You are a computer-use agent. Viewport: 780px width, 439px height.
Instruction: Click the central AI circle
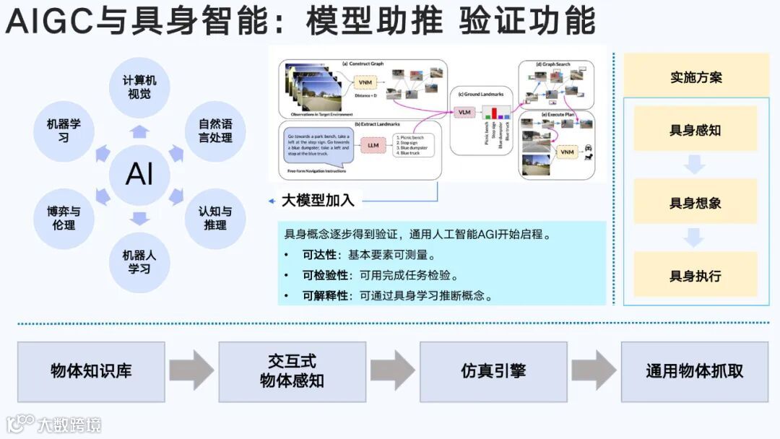click(139, 174)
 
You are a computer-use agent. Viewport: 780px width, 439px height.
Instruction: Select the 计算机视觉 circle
click(139, 87)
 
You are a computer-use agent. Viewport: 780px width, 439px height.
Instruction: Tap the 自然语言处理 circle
click(214, 131)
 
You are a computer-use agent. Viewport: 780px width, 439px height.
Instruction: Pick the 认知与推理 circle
click(214, 218)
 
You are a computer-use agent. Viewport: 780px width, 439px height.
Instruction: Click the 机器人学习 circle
click(139, 261)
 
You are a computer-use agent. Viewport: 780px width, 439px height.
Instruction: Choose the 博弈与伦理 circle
click(64, 218)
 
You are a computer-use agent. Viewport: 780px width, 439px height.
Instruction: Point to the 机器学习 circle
click(64, 131)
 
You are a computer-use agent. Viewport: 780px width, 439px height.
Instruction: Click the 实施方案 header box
click(696, 76)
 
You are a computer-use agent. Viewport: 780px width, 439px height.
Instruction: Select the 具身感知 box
click(695, 129)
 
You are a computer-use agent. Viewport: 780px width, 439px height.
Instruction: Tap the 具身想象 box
click(695, 202)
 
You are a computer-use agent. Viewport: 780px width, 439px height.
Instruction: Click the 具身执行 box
click(695, 275)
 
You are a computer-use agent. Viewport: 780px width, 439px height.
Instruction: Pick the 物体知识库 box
click(91, 371)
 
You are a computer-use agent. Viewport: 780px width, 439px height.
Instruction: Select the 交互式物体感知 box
click(292, 371)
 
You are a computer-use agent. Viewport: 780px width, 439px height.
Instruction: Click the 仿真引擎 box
click(493, 371)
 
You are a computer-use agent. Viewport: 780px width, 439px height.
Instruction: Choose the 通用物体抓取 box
click(694, 371)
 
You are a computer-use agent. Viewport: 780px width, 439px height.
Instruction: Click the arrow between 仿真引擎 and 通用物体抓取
click(594, 370)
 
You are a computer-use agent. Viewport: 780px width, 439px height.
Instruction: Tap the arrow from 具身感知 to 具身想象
click(695, 165)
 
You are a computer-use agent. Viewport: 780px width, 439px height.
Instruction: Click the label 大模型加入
click(318, 200)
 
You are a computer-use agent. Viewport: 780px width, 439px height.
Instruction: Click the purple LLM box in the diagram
click(373, 145)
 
